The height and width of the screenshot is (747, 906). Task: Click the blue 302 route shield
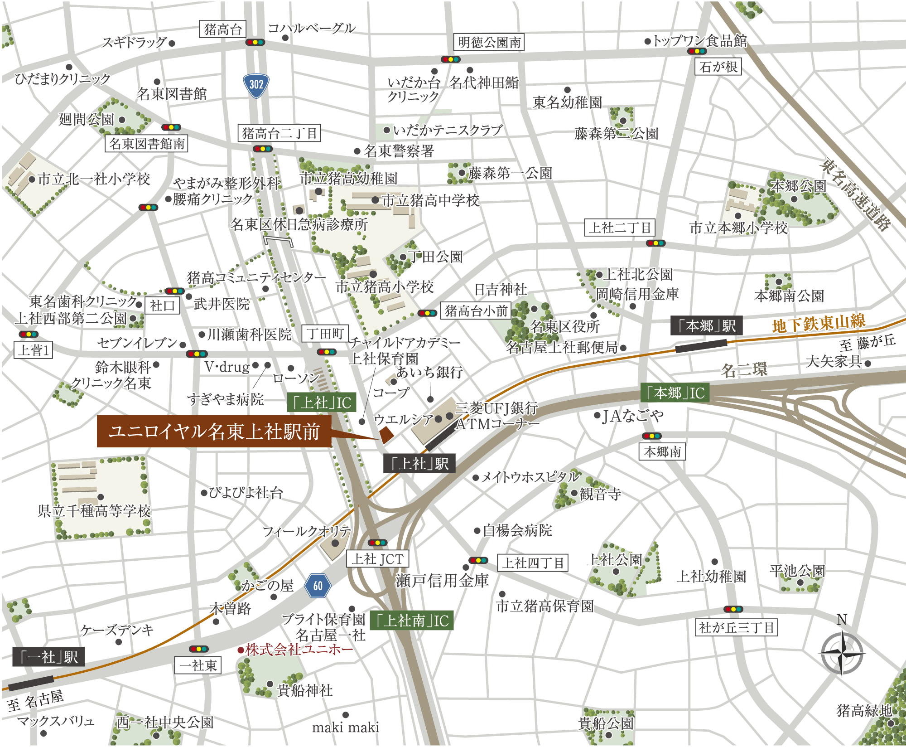point(256,85)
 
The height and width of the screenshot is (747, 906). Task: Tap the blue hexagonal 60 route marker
point(318,586)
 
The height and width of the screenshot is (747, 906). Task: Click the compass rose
point(842,653)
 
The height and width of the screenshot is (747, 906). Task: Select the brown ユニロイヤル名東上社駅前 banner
point(214,432)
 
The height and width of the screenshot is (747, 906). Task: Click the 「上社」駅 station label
point(419,464)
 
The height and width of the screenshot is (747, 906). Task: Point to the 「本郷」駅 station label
point(706,325)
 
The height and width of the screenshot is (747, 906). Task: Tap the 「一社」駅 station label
point(49,657)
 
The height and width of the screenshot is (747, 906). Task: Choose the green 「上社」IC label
point(322,403)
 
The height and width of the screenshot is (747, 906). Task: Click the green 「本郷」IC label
point(675,393)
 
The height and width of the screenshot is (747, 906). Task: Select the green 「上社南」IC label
point(411,620)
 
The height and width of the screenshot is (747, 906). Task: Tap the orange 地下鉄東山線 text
point(819,323)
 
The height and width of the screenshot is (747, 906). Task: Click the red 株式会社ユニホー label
point(299,650)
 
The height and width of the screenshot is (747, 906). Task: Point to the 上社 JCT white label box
point(377,559)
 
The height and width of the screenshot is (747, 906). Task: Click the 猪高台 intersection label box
point(222,29)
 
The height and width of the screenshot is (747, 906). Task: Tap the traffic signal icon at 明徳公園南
point(451,59)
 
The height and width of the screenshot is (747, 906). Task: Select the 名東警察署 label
point(398,151)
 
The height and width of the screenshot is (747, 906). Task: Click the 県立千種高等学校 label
point(94,511)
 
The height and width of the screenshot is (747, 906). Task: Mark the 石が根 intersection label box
point(718,67)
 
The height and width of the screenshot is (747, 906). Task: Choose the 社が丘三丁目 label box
point(736,627)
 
